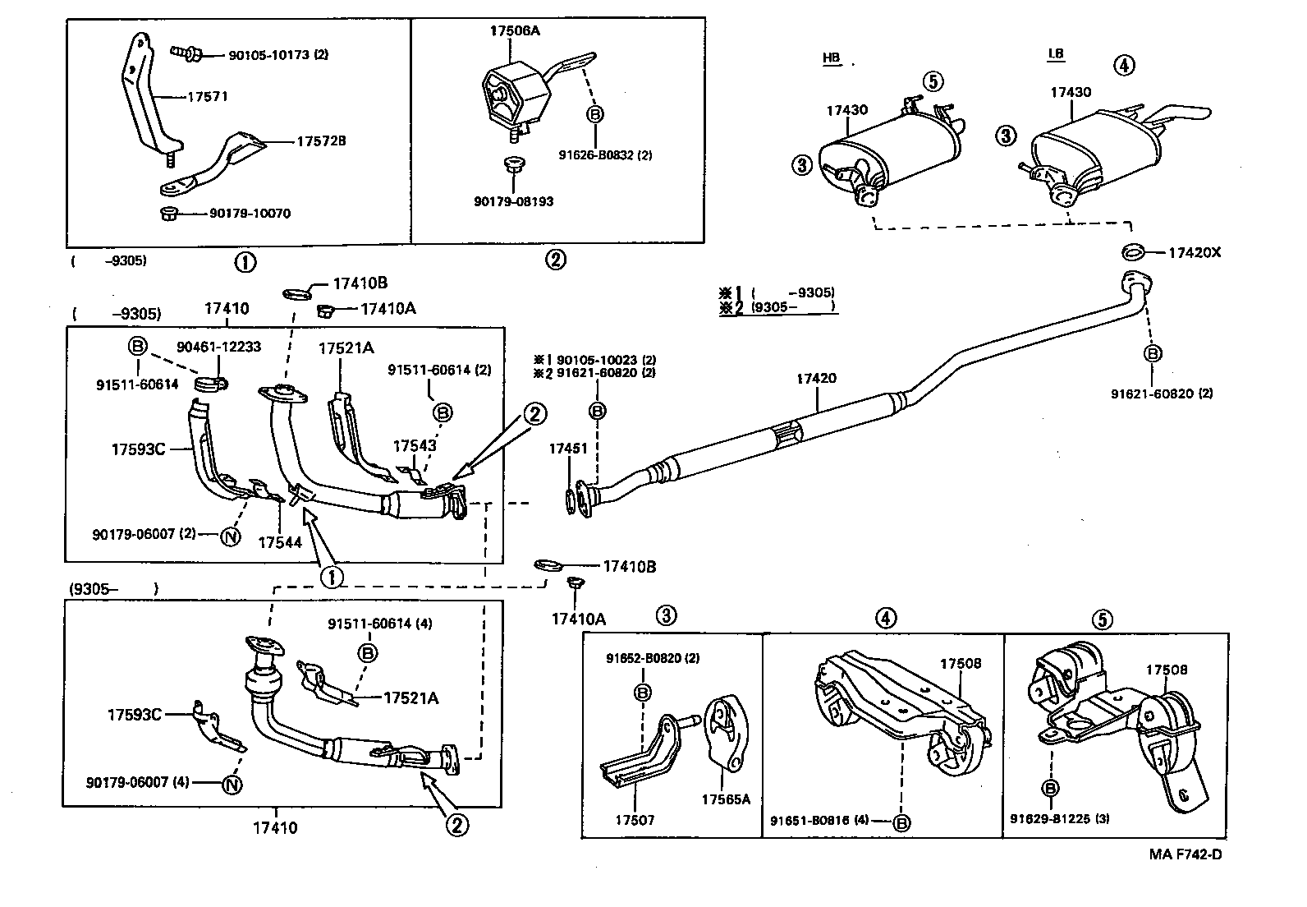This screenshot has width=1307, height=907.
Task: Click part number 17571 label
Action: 208,96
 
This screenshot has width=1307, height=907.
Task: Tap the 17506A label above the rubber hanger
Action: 515,30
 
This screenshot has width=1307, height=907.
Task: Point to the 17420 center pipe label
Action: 816,379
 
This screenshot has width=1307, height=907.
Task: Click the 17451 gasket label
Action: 568,449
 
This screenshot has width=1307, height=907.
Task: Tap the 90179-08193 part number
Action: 514,201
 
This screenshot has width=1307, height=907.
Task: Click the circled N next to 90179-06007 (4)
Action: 232,784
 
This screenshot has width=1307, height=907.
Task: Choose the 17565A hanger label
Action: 726,799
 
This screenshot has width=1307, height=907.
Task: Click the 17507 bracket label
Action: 635,819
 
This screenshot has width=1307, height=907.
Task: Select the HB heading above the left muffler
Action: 831,58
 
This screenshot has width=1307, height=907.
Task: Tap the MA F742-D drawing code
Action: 1185,854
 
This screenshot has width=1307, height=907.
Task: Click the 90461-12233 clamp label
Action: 218,347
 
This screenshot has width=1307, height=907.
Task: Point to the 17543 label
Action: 415,446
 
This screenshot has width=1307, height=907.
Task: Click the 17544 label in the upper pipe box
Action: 279,542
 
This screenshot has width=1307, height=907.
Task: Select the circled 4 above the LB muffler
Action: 1125,65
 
